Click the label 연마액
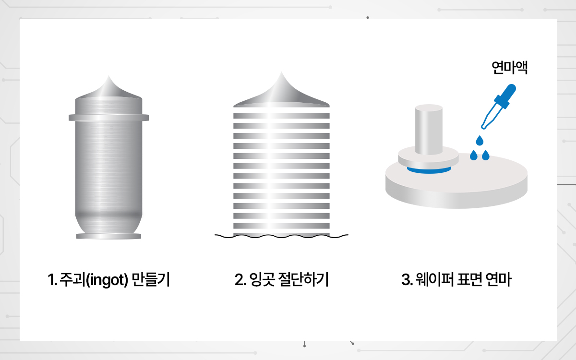point(510,68)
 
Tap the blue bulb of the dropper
point(505,95)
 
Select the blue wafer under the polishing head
point(429,170)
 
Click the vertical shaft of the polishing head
point(429,130)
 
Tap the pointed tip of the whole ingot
point(108,76)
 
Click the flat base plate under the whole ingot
point(109,236)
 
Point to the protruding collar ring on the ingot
point(109,118)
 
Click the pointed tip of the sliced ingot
point(281,72)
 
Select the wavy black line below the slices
point(281,236)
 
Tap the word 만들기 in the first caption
point(151,279)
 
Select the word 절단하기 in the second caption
point(304,279)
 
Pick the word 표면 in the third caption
point(469,279)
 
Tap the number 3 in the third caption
point(406,280)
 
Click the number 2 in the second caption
point(239,280)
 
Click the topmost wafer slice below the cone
point(281,116)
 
